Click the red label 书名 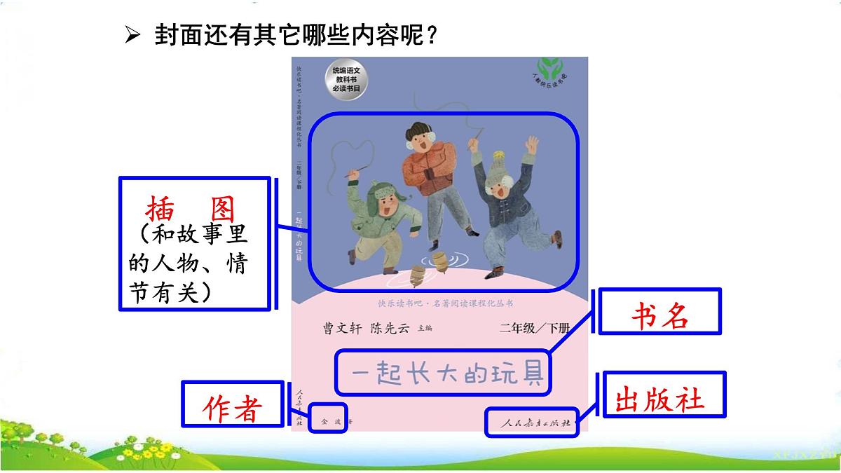point(659,318)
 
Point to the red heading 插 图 point(191,209)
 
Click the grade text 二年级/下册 point(535,327)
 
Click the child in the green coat point(385,217)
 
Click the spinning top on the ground point(439,263)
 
